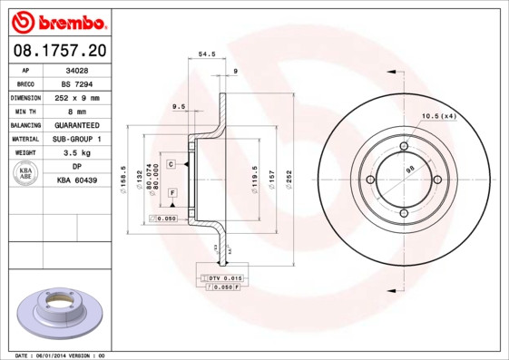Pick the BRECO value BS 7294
(77, 83)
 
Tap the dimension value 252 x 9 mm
(77, 97)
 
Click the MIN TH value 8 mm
(77, 111)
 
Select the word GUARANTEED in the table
(77, 125)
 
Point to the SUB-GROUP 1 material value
(77, 139)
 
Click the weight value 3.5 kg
(77, 153)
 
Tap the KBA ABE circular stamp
(26, 174)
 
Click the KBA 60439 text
(77, 181)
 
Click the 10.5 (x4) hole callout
(438, 116)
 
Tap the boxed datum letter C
(171, 164)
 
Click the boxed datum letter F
(171, 193)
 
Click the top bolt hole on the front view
(404, 146)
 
